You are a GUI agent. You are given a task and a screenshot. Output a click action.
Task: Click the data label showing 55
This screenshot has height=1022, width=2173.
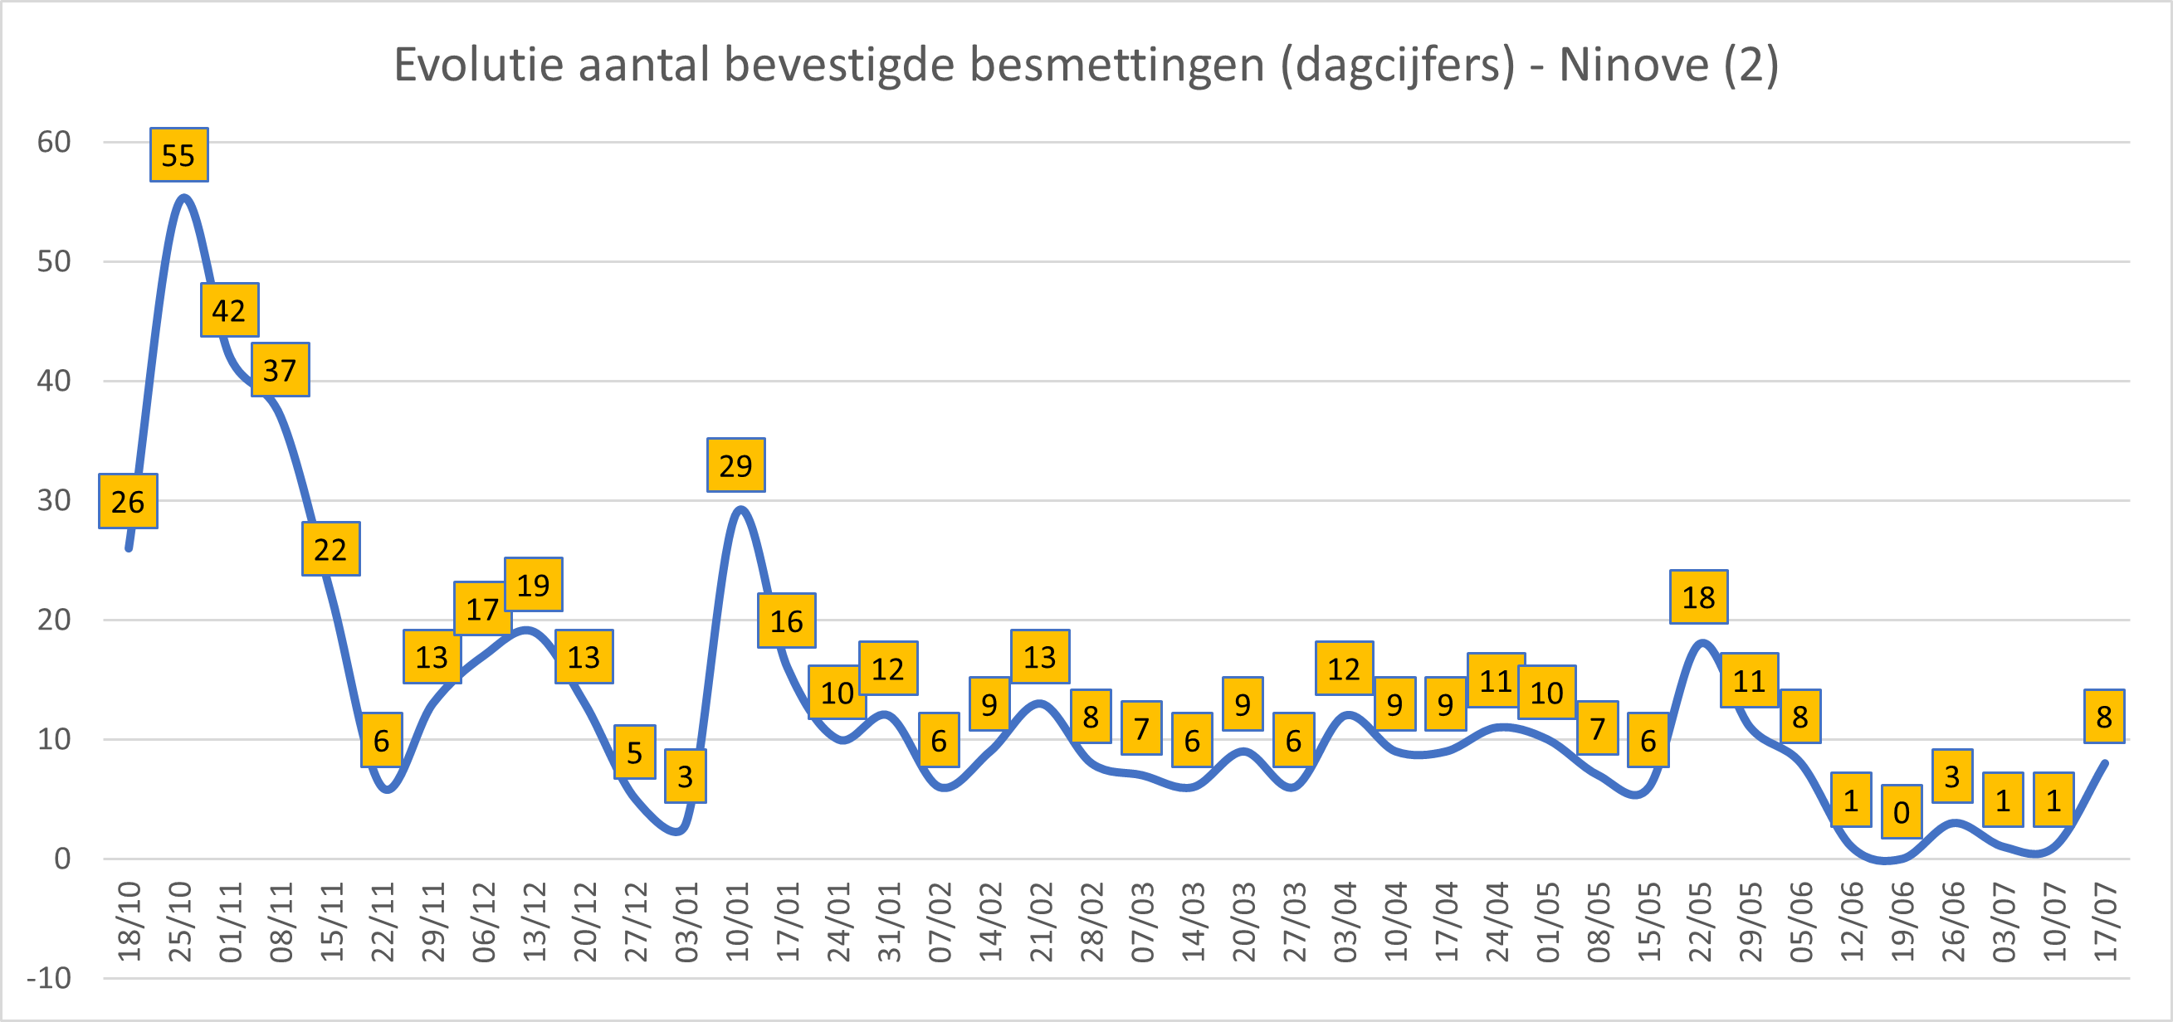pyautogui.click(x=178, y=155)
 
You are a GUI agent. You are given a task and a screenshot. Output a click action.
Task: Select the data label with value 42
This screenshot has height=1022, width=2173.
pyautogui.click(x=229, y=310)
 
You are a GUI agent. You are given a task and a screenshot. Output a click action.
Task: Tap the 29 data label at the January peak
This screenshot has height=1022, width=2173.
pyautogui.click(x=735, y=465)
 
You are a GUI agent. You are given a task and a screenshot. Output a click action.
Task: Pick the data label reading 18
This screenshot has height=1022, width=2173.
pyautogui.click(x=1698, y=597)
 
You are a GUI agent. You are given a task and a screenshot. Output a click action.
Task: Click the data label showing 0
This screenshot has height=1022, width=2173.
pyautogui.click(x=1902, y=812)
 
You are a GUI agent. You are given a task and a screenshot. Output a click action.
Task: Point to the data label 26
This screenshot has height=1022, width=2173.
pyautogui.click(x=128, y=502)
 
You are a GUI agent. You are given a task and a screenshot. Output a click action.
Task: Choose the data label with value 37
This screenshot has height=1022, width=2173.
pyautogui.click(x=280, y=370)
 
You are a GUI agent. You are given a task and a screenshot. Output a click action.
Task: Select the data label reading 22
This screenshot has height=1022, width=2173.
pyautogui.click(x=330, y=550)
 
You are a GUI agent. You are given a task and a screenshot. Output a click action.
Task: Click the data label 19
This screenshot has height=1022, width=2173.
pyautogui.click(x=533, y=585)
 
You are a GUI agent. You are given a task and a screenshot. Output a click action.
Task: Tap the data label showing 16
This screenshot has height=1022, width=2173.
pyautogui.click(x=786, y=621)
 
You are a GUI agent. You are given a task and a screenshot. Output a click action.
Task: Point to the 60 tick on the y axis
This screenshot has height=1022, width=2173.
pyautogui.click(x=54, y=142)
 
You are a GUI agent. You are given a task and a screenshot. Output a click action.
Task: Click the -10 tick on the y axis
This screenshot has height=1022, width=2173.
pyautogui.click(x=49, y=978)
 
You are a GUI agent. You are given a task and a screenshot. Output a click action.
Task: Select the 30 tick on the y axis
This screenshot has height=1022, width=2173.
pyautogui.click(x=54, y=500)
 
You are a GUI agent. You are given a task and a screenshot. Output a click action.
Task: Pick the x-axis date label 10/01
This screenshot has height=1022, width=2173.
pyautogui.click(x=737, y=922)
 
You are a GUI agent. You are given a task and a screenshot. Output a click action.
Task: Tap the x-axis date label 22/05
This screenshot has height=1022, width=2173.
pyautogui.click(x=1700, y=922)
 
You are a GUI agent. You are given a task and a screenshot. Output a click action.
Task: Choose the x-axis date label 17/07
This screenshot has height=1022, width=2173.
pyautogui.click(x=2106, y=922)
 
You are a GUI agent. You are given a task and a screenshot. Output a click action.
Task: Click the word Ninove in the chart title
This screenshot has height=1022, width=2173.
pyautogui.click(x=1633, y=64)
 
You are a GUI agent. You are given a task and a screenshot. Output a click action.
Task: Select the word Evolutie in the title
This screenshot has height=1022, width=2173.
pyautogui.click(x=479, y=64)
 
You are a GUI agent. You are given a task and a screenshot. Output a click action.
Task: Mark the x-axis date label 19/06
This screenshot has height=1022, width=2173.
pyautogui.click(x=1903, y=922)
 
